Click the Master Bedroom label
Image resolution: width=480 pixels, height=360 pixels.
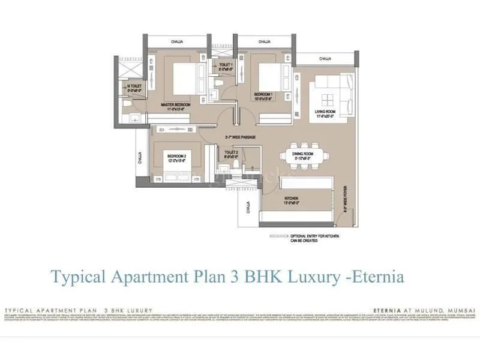[176, 106]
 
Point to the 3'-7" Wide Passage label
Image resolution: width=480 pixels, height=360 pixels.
[240, 138]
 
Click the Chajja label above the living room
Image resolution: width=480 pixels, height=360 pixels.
[325, 59]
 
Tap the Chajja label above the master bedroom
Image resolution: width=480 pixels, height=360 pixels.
[177, 41]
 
